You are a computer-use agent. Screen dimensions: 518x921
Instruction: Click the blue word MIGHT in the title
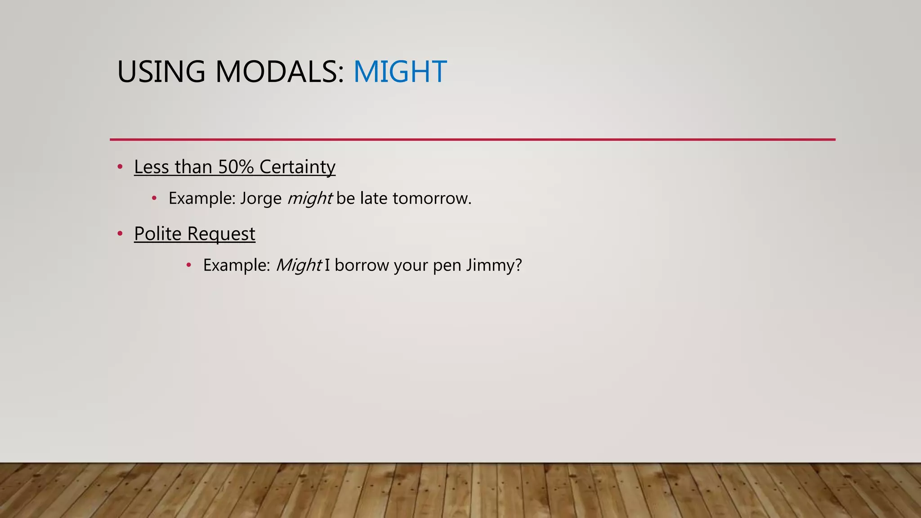tap(400, 72)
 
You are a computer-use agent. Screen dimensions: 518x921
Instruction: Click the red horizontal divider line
tap(472, 139)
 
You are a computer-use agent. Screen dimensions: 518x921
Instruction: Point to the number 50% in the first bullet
tap(236, 167)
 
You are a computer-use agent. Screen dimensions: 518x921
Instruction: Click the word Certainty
tap(297, 167)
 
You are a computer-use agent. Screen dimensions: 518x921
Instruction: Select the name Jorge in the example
tap(261, 198)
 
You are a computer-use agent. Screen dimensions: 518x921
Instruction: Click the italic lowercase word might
tap(310, 198)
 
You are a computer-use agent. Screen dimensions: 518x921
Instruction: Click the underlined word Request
tap(221, 234)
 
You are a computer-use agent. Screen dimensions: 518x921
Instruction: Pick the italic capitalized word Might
tap(298, 265)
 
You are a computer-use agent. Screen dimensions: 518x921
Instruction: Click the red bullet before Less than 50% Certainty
tap(120, 167)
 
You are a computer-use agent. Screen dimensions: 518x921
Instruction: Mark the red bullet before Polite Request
tap(120, 234)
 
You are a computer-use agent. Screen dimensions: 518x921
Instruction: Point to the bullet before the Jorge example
tap(154, 198)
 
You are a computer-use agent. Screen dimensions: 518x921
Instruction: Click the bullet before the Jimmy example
tap(189, 265)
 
